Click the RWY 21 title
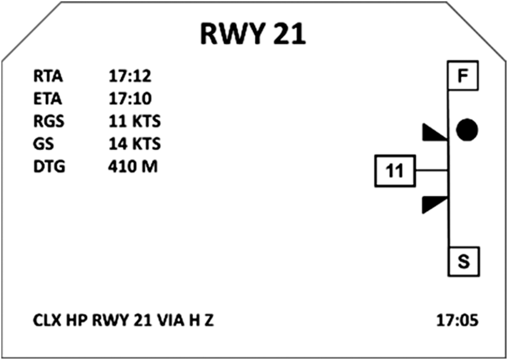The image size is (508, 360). pos(253,33)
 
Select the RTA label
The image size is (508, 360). pos(48,76)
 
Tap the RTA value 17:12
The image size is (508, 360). pos(130,76)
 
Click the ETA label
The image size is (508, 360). pos(48,99)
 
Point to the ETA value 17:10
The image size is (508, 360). pos(130,99)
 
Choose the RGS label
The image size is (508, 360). pos(48,122)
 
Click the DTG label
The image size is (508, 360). pos(48,167)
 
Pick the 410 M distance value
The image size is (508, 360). pos(132,167)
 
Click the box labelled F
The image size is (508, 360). pos(463,77)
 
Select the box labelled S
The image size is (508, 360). pos(463,262)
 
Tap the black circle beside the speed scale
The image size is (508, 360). pos(467,130)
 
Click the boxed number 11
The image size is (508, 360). pos(395,171)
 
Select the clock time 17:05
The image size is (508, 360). pos(457,321)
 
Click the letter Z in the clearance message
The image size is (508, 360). pos(209,321)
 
